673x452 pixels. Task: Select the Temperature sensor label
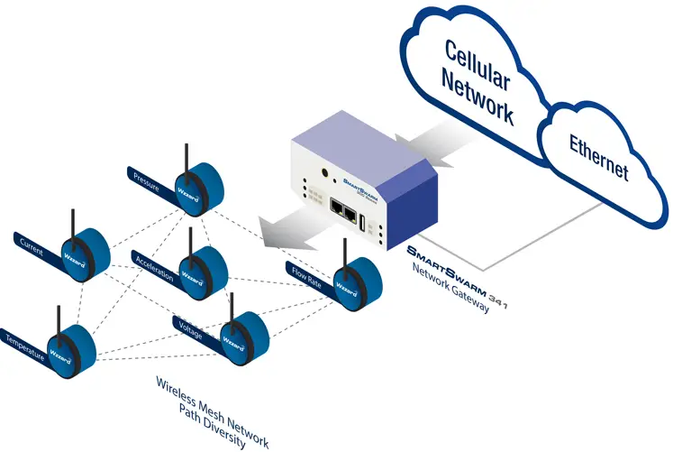[x=25, y=343]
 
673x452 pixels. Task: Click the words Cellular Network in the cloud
[x=477, y=82]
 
